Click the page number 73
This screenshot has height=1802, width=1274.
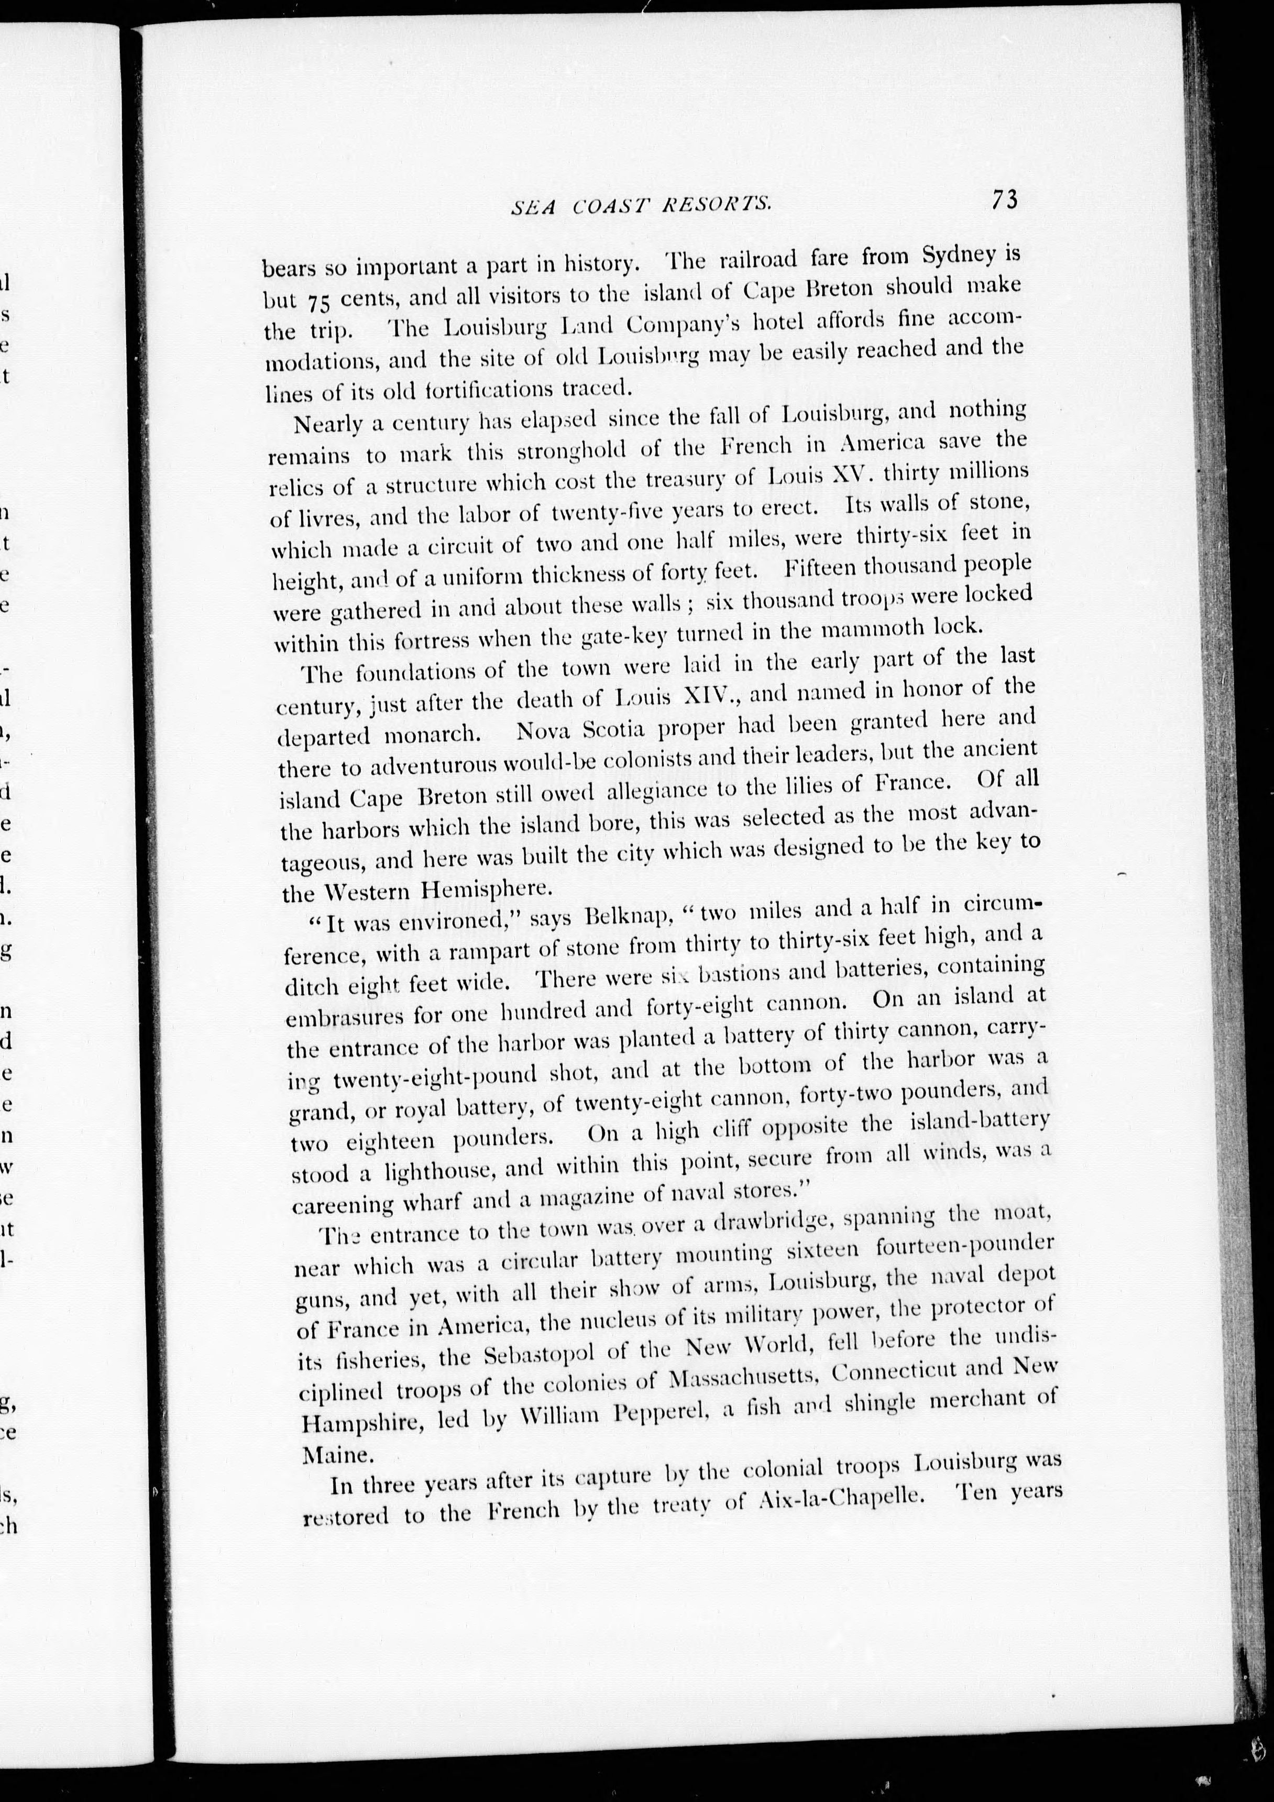1005,201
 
